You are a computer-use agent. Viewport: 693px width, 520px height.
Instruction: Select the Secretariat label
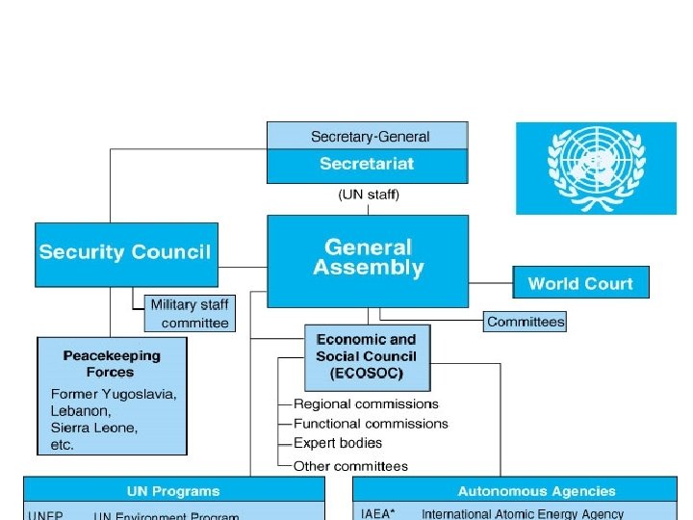coord(367,164)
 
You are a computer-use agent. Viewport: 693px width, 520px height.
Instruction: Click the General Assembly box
coord(368,259)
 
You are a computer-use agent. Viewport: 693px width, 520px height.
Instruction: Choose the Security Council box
coord(125,253)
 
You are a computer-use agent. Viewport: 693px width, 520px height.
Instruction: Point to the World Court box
coord(580,283)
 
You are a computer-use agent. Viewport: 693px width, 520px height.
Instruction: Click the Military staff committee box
coord(190,314)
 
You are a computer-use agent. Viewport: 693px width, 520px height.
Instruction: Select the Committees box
coord(526,322)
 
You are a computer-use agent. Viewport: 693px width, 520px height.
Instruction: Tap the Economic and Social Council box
coord(367,355)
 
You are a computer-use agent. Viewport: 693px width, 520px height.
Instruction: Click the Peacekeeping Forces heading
coord(112,363)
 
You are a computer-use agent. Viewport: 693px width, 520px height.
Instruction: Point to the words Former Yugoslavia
coord(114,394)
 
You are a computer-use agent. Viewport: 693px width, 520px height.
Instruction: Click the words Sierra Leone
coord(94,428)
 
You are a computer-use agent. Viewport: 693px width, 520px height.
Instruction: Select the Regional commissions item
coord(366,403)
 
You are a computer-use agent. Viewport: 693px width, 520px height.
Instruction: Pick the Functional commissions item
coord(371,423)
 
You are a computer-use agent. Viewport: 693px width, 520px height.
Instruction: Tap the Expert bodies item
coord(338,443)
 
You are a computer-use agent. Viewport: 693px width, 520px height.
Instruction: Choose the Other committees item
coord(350,466)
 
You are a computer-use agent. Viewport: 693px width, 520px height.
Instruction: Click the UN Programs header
coord(173,491)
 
